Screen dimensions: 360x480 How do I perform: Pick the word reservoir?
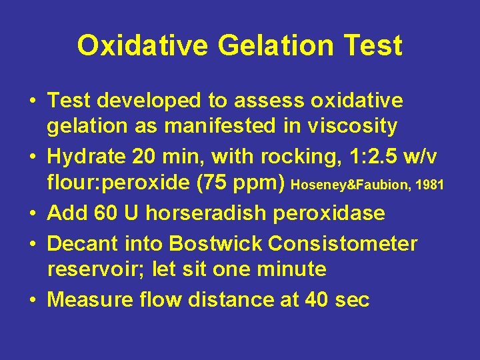(94, 269)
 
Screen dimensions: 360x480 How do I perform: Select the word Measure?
(90, 299)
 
